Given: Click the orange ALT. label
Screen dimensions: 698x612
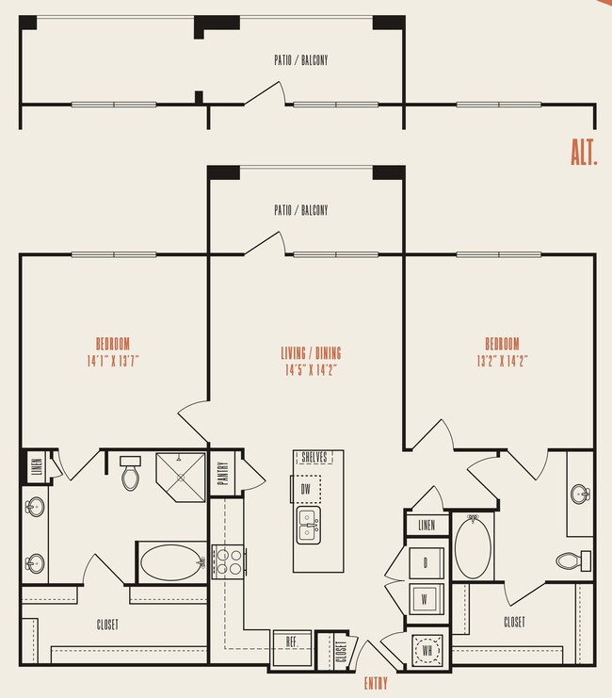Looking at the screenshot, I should click(584, 153).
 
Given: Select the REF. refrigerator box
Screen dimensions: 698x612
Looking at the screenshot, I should click(293, 642).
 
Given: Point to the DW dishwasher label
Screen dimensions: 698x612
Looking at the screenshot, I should click(305, 489).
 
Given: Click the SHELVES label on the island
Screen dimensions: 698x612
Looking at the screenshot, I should click(313, 458).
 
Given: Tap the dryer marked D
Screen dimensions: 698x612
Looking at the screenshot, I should click(426, 562).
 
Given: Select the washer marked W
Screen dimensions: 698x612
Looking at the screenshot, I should click(426, 597).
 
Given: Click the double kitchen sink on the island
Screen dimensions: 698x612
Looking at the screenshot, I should click(307, 525).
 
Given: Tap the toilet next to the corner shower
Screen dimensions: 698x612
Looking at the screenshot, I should click(130, 473).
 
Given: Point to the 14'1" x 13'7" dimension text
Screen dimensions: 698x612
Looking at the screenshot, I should click(112, 359).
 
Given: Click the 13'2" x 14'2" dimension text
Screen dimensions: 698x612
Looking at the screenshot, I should click(502, 359).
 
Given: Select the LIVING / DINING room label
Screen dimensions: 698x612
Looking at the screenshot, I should click(311, 353).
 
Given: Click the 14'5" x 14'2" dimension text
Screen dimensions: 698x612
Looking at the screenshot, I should click(311, 369).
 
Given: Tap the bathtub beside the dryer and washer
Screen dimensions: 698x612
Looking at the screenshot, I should click(472, 550).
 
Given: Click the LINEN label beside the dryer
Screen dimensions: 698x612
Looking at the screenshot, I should click(426, 524).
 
